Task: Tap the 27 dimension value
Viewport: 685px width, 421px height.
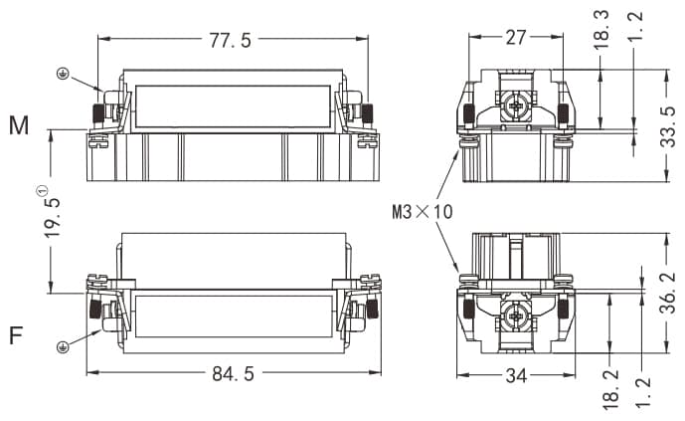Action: (x=516, y=38)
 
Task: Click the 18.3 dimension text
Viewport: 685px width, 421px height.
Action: (x=601, y=32)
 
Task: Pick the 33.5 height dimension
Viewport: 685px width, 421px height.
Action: (x=667, y=126)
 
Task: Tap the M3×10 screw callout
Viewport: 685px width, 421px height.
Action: (x=422, y=211)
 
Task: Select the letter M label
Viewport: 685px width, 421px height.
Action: (x=19, y=125)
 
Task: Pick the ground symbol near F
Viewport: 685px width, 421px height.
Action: (x=63, y=345)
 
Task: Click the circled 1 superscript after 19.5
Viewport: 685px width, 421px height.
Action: (x=43, y=190)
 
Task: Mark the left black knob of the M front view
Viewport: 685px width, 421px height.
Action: (x=99, y=110)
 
